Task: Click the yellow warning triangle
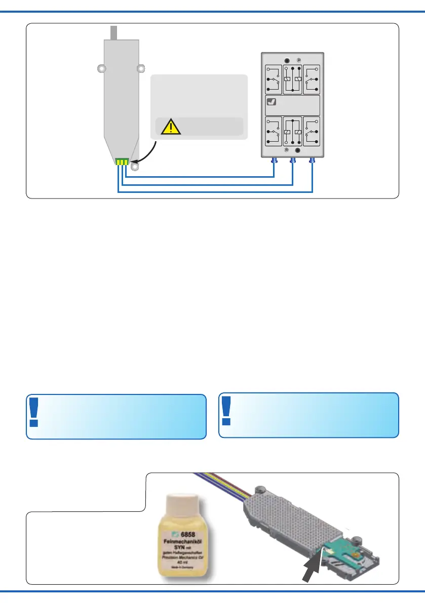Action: click(171, 127)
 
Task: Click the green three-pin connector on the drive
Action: click(123, 162)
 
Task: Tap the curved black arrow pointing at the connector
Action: click(145, 154)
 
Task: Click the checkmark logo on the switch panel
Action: click(272, 102)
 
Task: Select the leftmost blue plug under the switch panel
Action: click(274, 162)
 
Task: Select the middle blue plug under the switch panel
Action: click(293, 162)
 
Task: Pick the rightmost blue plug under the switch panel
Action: click(312, 162)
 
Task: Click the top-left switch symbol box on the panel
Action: click(273, 79)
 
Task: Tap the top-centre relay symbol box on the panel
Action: click(293, 79)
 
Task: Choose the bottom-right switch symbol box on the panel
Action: click(312, 132)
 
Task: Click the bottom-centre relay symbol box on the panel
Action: click(293, 132)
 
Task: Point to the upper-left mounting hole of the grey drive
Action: click(102, 68)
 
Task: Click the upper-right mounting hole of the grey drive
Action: click(141, 68)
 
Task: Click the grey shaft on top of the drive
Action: click(114, 32)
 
